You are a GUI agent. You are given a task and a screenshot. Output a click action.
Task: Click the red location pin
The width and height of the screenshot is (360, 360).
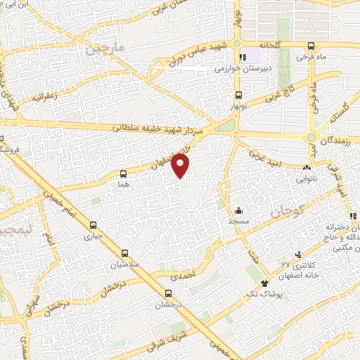point(181,165)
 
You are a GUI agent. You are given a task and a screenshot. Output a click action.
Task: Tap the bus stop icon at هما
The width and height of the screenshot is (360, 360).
point(124,173)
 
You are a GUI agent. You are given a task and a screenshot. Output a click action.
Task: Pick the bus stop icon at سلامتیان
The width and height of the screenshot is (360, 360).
point(124,253)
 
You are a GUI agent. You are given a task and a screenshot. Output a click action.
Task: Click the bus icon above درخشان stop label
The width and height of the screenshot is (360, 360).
point(167,295)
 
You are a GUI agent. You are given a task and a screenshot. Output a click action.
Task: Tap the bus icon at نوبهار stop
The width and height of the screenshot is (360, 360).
point(238,95)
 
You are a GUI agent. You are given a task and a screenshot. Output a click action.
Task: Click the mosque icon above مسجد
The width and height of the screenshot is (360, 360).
point(239,210)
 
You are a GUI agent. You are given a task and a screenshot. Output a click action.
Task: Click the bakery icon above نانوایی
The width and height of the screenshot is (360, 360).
point(306,168)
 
